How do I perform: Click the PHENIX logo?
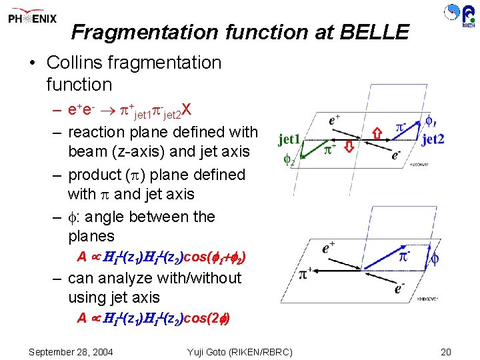[33, 19]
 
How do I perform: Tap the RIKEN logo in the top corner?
[460, 15]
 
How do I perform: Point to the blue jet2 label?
[433, 139]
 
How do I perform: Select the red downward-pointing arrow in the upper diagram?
[348, 146]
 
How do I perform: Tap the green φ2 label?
[289, 160]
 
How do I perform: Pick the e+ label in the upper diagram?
[336, 121]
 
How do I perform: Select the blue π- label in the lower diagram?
[404, 255]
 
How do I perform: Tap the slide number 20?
[446, 351]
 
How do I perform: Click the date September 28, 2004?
[71, 351]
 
